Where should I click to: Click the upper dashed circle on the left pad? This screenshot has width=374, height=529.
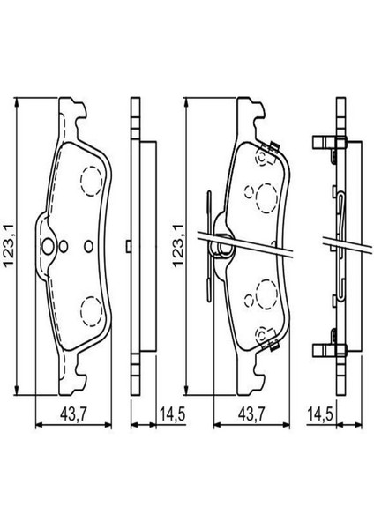(x=92, y=182)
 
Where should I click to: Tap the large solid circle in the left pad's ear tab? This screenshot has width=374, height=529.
(x=48, y=247)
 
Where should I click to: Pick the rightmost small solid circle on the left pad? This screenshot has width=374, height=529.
(x=89, y=247)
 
